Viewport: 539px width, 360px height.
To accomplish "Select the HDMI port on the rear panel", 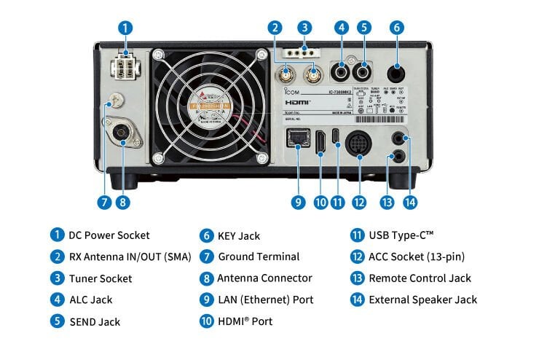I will click(x=320, y=142).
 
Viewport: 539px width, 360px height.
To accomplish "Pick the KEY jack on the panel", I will click(x=397, y=72).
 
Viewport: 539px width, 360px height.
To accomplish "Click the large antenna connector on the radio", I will click(x=122, y=133).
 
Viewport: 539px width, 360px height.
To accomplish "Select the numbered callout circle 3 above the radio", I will click(x=305, y=28).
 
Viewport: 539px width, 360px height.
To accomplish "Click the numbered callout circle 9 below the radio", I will click(x=298, y=202).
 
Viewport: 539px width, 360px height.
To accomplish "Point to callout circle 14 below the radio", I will click(x=411, y=202).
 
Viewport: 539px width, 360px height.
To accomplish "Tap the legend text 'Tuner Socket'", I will click(x=101, y=278).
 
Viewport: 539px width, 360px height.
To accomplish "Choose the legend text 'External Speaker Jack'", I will click(x=423, y=300).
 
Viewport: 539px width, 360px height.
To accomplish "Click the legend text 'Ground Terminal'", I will click(x=259, y=257).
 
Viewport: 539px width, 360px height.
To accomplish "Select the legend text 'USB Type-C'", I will click(x=401, y=235).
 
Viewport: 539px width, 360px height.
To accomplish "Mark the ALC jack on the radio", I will click(x=341, y=72).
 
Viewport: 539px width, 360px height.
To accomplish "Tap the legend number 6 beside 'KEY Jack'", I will click(x=205, y=235).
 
